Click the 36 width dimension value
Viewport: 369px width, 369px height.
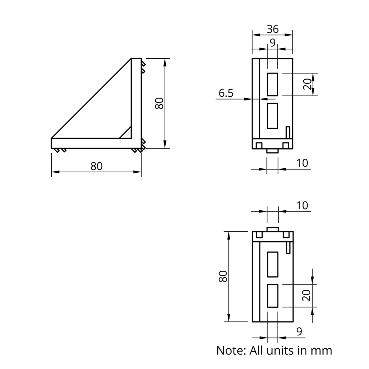pos(273,29)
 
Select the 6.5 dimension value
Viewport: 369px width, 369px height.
pos(226,93)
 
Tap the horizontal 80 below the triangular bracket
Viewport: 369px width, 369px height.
pos(96,166)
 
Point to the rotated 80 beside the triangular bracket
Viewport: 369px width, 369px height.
pos(159,103)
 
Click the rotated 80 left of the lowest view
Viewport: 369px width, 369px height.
pos(223,276)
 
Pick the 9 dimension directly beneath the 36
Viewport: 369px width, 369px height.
pos(273,42)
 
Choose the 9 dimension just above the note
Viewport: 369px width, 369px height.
pos(299,331)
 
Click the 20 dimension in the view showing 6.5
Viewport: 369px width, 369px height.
pos(307,84)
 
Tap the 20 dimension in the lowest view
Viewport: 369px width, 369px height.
pos(307,296)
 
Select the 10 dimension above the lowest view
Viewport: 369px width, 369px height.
pos(302,206)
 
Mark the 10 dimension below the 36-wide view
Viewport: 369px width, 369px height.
pos(302,163)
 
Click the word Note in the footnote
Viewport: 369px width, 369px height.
pos(231,351)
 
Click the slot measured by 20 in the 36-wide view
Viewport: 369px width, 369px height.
pos(272,85)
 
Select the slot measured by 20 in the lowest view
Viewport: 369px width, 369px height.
pos(273,296)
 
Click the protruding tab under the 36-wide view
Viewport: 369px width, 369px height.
pos(272,151)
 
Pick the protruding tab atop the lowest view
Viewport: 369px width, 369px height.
pos(273,229)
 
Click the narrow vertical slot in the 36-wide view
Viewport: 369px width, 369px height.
pos(288,132)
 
